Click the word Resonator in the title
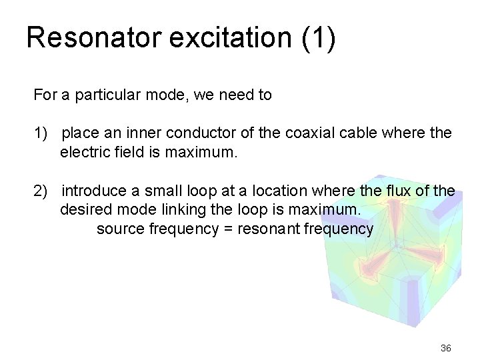coord(93,38)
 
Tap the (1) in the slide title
coord(318,38)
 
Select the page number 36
coord(446,348)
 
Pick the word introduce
coord(93,192)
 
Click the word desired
coord(85,211)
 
